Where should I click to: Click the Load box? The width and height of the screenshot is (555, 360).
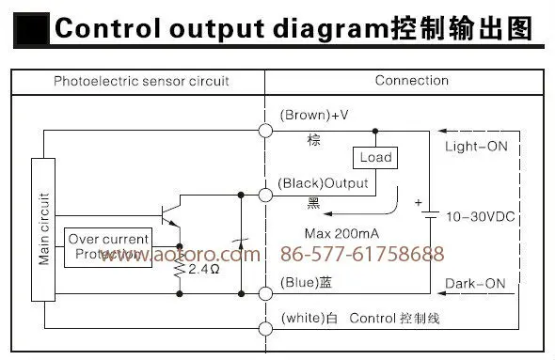375,158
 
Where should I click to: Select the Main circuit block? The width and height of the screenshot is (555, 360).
43,229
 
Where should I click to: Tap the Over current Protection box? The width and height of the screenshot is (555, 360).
108,247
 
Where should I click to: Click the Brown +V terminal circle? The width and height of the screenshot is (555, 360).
265,131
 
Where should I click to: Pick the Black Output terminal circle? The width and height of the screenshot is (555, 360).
265,195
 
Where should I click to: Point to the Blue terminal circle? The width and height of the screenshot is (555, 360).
265,293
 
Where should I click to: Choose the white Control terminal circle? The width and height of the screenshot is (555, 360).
265,329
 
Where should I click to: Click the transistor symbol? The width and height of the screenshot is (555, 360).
171,214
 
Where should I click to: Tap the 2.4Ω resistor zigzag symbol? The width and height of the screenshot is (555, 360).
180,270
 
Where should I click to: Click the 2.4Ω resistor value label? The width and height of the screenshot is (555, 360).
204,269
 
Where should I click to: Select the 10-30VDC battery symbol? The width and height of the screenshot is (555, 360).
430,214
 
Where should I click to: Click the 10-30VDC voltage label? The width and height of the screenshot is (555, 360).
481,217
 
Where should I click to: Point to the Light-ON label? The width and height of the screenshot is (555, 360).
476,146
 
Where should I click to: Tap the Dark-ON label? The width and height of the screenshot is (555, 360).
475,284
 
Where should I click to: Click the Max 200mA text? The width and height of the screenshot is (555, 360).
341,233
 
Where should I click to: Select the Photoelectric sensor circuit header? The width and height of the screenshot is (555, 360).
141,82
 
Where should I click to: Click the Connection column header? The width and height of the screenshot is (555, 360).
412,81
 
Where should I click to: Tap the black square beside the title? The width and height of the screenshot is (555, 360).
31,29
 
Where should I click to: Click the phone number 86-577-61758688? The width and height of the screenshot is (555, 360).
362,254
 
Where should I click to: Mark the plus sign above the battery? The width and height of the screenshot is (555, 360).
419,203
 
